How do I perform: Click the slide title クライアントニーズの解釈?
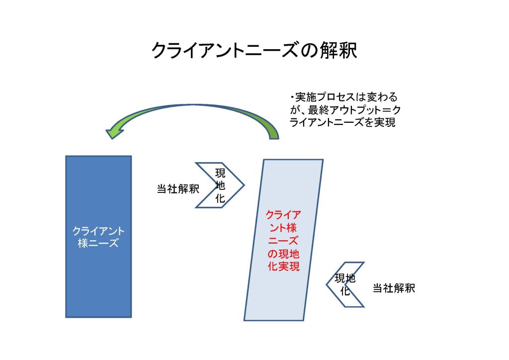(254, 50)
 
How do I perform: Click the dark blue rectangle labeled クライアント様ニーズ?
(98, 237)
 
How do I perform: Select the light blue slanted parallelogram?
(283, 240)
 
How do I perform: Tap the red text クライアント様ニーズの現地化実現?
(283, 241)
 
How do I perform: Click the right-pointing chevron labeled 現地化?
(220, 185)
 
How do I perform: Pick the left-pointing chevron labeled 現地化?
(345, 284)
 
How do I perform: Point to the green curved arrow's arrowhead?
(114, 132)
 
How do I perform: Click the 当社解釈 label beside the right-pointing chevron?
(178, 189)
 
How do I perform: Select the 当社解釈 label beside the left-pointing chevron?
(394, 288)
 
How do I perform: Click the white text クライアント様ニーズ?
(98, 237)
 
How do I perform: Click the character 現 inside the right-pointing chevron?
(220, 173)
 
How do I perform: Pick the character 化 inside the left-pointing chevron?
(345, 290)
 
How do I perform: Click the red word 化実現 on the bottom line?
(283, 267)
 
